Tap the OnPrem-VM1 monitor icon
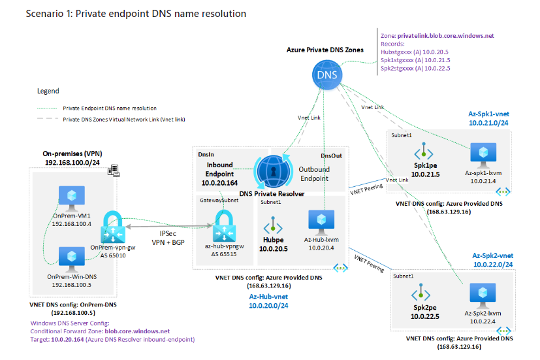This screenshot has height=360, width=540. pos(67,195)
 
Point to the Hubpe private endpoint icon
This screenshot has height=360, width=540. pos(271,227)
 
